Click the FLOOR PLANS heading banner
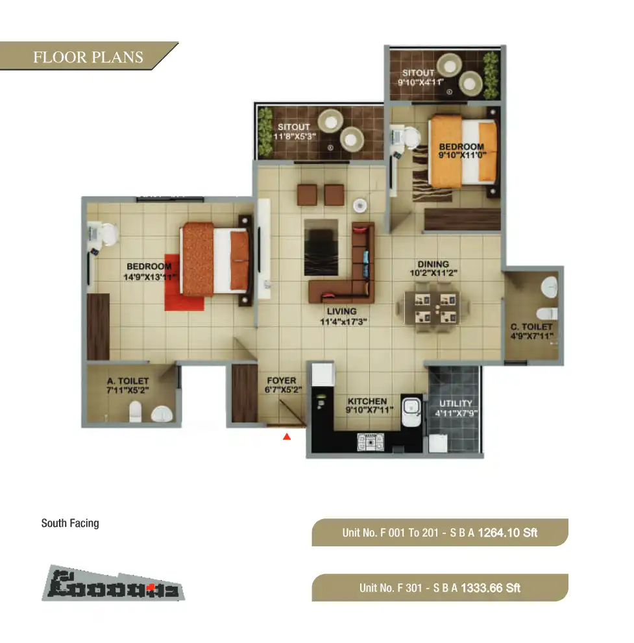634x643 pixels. pos(88,56)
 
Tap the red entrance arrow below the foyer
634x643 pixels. pos(286,437)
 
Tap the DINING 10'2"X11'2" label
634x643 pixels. pos(433,269)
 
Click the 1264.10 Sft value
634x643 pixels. pos(507,533)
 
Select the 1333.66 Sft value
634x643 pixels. pos(491,588)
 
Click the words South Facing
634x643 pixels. pos(70,523)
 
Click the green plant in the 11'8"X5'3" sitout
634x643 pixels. pos(264,132)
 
